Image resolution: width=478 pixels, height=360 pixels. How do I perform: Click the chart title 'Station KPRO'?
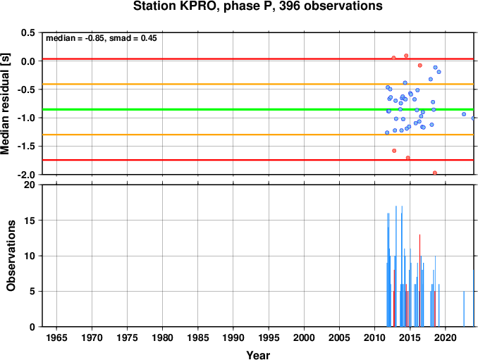[x=176, y=6]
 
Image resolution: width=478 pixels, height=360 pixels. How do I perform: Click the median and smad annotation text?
[x=102, y=38]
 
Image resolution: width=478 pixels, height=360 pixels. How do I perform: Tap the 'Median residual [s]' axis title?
[x=5, y=104]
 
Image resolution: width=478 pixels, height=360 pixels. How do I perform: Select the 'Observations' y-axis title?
[x=11, y=256]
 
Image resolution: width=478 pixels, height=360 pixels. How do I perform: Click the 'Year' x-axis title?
[x=258, y=355]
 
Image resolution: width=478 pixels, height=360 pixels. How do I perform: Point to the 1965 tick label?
[x=56, y=337]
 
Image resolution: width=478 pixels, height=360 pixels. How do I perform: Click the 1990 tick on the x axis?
[x=233, y=337]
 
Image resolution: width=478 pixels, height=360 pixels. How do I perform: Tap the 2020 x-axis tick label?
[x=446, y=337]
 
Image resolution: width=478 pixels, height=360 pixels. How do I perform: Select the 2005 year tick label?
[x=339, y=337]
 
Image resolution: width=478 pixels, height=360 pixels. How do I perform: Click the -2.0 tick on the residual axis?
[x=27, y=175]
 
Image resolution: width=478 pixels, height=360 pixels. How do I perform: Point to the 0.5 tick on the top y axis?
[x=28, y=32]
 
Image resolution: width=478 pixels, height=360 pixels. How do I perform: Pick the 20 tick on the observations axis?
[x=30, y=185]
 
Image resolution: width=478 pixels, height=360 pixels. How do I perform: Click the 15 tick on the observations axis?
[x=30, y=221]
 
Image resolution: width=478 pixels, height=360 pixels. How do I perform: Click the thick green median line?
[x=258, y=109]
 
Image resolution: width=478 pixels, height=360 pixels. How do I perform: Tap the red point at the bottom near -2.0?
[x=435, y=173]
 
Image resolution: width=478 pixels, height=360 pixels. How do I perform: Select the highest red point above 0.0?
[x=406, y=56]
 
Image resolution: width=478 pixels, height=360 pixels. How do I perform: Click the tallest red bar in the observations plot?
[x=419, y=280]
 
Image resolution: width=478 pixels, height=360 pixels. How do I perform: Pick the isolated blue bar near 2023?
[x=464, y=309]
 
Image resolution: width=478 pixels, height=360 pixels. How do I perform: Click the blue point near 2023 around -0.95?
[x=464, y=114]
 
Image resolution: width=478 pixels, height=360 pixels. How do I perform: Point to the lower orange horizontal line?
[x=258, y=135]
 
